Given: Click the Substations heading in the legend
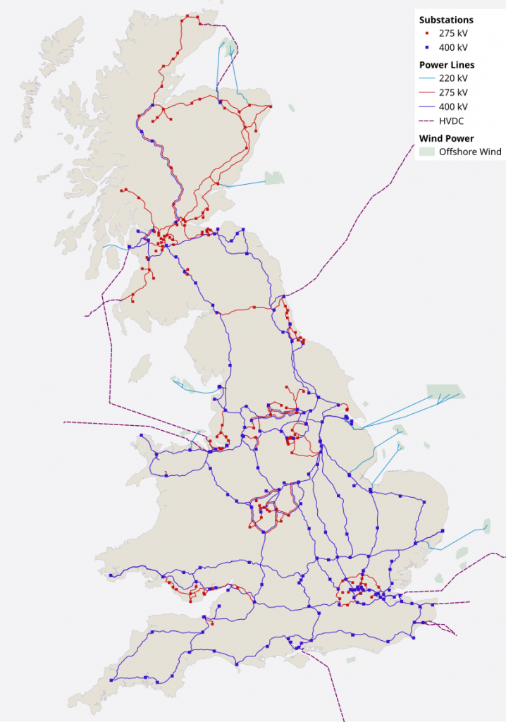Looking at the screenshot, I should (x=446, y=20).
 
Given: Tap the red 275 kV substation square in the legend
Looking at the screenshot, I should (x=427, y=34).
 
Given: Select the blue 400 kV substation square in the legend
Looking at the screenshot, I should (x=427, y=47).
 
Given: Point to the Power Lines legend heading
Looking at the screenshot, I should (x=447, y=65).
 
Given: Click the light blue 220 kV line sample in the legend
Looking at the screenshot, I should (x=426, y=79).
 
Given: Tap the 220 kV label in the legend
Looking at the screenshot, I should (x=453, y=79).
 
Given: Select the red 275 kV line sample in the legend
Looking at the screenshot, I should (x=426, y=92).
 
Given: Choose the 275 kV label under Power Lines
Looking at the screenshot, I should (x=453, y=92).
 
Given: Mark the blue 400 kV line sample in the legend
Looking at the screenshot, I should (x=426, y=106).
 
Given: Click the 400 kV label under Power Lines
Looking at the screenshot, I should (x=453, y=106).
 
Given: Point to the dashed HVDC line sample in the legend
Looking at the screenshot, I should (x=426, y=121).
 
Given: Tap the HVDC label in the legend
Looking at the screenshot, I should (x=452, y=121).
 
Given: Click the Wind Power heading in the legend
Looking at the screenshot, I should (x=447, y=138).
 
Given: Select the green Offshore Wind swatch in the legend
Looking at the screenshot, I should (x=426, y=152).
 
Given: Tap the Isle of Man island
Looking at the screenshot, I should (x=140, y=367).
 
